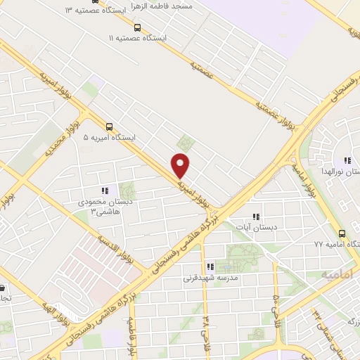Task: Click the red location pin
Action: point(181,165)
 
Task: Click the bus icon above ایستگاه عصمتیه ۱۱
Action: point(136,28)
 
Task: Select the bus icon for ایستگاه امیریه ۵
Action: point(109,127)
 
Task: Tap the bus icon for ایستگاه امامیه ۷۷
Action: point(342,233)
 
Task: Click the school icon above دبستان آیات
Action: point(257,217)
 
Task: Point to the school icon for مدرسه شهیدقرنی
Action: point(210,266)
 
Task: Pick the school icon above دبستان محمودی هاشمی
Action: point(105,190)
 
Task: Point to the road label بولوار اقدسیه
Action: point(127,246)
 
